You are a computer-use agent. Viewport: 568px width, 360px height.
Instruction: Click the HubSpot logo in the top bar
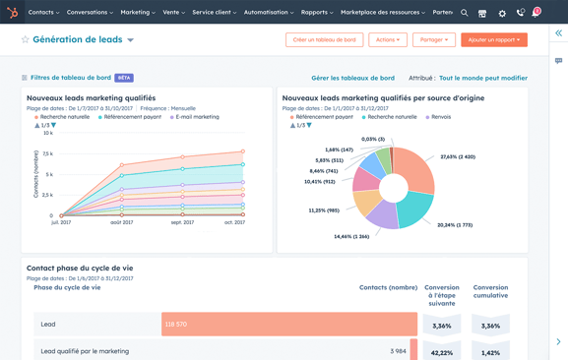[x=13, y=13]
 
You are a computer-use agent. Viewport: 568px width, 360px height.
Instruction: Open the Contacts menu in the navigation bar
[x=43, y=13]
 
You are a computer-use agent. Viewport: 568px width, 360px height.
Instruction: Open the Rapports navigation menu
[x=317, y=13]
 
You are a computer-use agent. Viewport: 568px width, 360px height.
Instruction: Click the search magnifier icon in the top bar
[x=465, y=13]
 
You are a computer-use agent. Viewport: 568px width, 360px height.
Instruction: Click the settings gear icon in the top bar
[x=502, y=13]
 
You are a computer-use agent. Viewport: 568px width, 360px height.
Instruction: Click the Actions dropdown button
[x=387, y=40]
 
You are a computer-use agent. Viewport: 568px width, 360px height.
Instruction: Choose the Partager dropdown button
[x=432, y=40]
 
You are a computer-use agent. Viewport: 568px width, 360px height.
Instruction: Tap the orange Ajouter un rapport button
[x=494, y=40]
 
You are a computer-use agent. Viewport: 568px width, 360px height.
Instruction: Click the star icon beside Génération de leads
[x=25, y=40]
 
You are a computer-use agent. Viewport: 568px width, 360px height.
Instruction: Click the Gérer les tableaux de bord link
[x=352, y=78]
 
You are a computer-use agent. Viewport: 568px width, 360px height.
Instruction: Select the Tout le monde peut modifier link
[x=483, y=78]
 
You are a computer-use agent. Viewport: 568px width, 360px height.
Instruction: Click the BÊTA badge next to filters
[x=124, y=78]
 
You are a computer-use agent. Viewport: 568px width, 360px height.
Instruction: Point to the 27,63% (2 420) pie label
[x=458, y=157]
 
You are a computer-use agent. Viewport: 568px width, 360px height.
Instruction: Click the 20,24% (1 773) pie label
[x=455, y=224]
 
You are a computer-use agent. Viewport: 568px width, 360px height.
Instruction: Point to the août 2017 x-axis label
[x=122, y=222]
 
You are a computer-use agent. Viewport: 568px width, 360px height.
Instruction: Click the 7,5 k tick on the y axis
[x=47, y=153]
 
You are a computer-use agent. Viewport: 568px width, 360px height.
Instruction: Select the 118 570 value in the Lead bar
[x=176, y=324]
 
